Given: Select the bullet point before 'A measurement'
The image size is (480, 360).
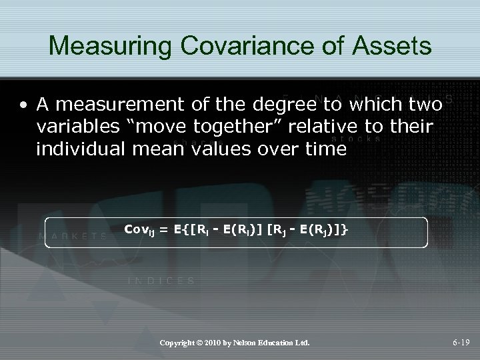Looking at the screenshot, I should tap(23, 105).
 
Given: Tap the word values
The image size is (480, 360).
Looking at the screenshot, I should tap(224, 149).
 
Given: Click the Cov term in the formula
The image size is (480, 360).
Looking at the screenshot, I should tap(137, 229).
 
